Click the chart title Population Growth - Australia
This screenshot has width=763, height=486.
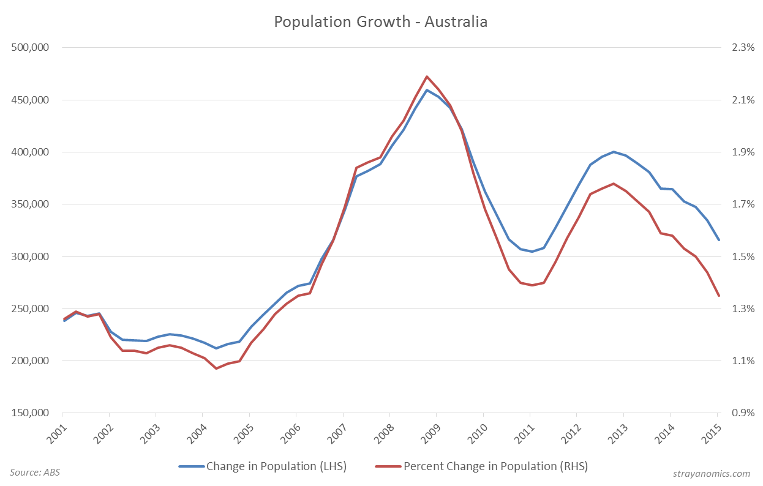tap(381, 21)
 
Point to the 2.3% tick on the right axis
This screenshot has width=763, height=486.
tap(739, 48)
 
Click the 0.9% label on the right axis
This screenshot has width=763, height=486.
tap(739, 413)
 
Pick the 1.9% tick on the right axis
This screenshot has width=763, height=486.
tap(739, 152)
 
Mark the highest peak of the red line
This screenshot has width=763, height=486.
tap(426, 77)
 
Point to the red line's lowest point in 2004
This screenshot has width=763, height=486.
tap(216, 368)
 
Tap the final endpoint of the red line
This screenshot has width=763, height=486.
tap(719, 296)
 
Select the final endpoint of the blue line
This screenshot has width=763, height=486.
tap(719, 240)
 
